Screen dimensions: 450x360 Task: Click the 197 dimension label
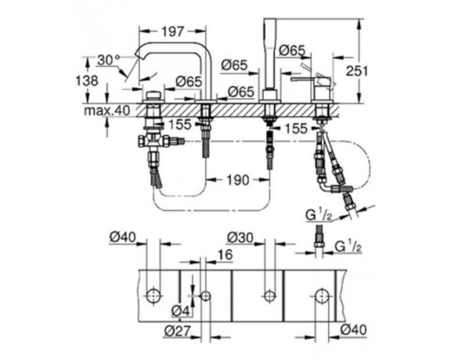(x=172, y=31)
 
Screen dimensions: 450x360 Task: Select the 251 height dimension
(x=357, y=71)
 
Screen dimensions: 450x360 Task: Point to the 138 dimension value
(x=87, y=81)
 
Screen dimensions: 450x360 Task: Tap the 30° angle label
(x=109, y=60)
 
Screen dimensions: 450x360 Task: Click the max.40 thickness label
(x=106, y=110)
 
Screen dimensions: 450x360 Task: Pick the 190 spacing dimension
(x=238, y=180)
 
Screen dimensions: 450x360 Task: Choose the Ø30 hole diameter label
(x=241, y=238)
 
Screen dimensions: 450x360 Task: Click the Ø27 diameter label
(x=178, y=331)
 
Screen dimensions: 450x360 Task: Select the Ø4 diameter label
(x=181, y=311)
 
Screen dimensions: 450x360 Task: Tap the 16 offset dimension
(x=225, y=254)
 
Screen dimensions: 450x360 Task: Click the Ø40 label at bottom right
(x=353, y=330)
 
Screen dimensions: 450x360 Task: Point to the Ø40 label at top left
(x=123, y=237)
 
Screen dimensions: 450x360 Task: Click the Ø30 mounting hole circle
(x=269, y=295)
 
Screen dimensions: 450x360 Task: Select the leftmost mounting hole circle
(x=153, y=295)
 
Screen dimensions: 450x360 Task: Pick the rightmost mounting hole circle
(x=322, y=295)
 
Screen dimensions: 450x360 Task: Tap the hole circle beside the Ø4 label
(x=205, y=295)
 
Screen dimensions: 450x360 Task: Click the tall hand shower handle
(x=269, y=55)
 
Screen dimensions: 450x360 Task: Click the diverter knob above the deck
(x=154, y=95)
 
